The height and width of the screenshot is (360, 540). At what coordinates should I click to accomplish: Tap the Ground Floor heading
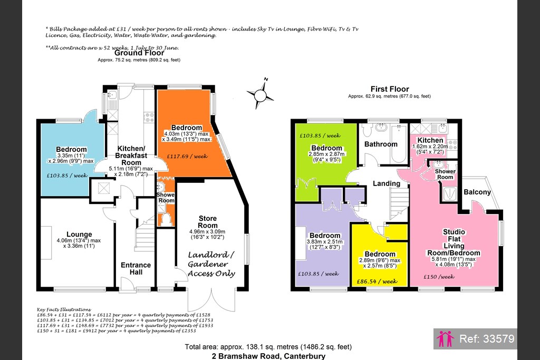(139, 53)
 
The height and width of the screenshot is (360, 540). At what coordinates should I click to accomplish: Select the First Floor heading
(390, 89)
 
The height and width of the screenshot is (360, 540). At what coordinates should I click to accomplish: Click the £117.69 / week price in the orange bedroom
(187, 156)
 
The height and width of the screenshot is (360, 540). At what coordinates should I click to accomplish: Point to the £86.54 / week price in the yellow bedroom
(377, 281)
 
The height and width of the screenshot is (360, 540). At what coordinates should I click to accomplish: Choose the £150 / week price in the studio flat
(439, 277)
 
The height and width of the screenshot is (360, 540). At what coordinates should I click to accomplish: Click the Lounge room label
(79, 235)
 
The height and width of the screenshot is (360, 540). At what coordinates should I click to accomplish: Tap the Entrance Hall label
(136, 268)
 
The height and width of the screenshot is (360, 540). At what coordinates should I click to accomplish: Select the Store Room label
(208, 222)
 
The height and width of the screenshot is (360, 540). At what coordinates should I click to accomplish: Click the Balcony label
(477, 192)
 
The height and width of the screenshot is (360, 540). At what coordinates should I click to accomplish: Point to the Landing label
(387, 184)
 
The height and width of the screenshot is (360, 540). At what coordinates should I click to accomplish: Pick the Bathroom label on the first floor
(381, 144)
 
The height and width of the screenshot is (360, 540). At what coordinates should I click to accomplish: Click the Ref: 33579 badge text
(487, 339)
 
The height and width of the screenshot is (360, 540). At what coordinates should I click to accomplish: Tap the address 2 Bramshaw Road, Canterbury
(268, 356)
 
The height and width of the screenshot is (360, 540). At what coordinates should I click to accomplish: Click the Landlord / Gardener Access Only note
(211, 264)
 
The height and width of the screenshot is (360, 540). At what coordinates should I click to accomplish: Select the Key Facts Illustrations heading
(64, 310)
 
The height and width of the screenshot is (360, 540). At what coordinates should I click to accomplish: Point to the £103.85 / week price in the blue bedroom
(67, 176)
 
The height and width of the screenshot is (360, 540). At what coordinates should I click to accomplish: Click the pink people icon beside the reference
(445, 339)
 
